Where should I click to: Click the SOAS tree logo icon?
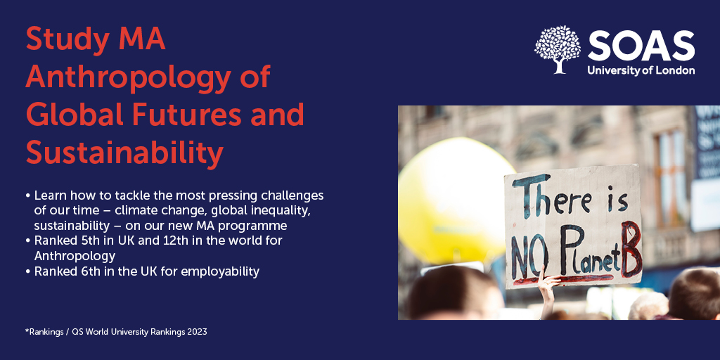[x=557, y=49]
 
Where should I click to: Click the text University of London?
[x=641, y=70]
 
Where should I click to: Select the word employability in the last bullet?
[x=223, y=271]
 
